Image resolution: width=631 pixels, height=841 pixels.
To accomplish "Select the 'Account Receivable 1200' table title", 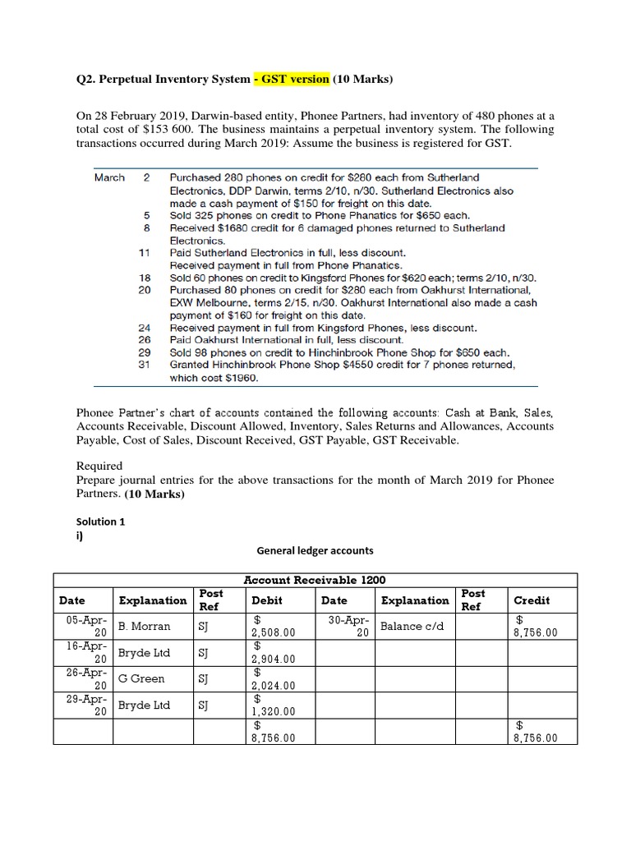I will (x=315, y=580).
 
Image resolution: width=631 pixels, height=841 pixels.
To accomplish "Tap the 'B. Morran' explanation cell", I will (x=145, y=627).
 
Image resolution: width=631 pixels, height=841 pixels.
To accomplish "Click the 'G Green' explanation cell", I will (x=141, y=679).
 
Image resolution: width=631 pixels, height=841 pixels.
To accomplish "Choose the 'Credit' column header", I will (x=532, y=600).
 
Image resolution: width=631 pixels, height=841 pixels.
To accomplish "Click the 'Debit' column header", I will (x=268, y=600).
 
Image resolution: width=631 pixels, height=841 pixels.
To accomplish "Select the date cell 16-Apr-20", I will (x=83, y=653).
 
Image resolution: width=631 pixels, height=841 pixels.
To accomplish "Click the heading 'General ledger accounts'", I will (x=315, y=551).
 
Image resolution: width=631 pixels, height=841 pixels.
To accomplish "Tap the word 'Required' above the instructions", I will (x=99, y=466).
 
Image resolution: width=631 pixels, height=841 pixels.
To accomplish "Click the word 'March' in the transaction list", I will (x=109, y=177).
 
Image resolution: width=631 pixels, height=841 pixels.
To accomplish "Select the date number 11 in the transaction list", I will (x=145, y=254).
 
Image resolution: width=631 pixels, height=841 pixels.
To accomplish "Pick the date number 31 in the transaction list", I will (x=145, y=364).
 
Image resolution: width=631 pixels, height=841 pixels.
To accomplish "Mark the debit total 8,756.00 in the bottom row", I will (x=271, y=732).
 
